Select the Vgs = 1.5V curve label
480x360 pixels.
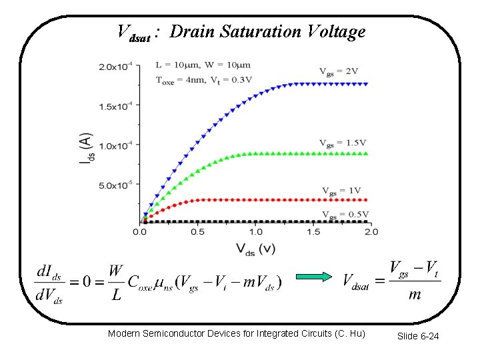(x=342, y=143)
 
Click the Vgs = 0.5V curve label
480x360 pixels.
(x=345, y=214)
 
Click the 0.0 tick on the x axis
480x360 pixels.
(x=140, y=232)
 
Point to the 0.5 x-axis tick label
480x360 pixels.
(x=198, y=232)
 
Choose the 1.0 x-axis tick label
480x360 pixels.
(x=255, y=232)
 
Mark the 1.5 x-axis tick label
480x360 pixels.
(x=313, y=232)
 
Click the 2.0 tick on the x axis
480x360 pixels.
(x=371, y=232)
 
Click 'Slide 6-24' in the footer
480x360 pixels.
(x=418, y=336)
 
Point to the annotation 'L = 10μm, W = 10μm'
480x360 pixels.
(x=203, y=65)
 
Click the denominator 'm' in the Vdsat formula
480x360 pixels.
(x=414, y=294)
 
